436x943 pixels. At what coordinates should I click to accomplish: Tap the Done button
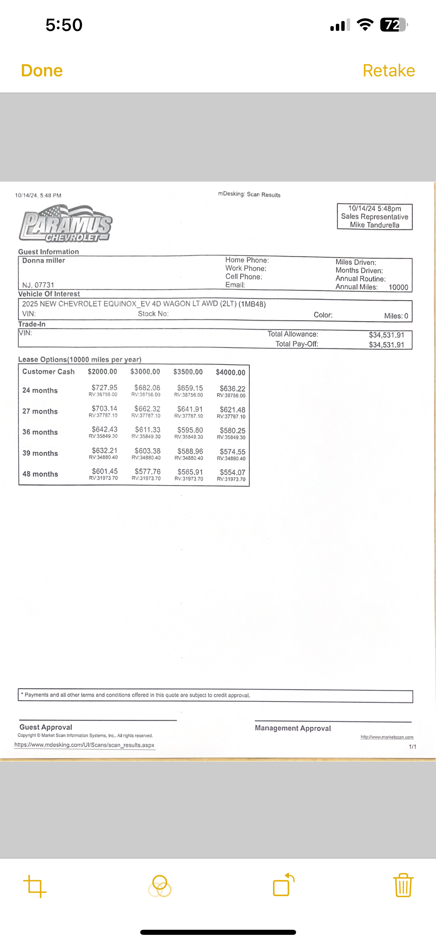coord(42,71)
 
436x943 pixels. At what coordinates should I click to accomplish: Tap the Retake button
coord(388,71)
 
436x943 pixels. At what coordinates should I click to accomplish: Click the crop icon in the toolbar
coord(35,886)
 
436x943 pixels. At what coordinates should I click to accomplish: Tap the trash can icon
coord(403,885)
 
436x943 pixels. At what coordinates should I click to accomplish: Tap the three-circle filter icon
coord(160,886)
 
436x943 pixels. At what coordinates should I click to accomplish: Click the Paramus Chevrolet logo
coord(66,224)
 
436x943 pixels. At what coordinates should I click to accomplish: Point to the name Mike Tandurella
coord(375,225)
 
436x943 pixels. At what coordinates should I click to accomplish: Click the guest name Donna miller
coord(43,261)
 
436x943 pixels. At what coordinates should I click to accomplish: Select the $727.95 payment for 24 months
coord(104,387)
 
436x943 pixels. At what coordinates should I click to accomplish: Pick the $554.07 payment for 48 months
coord(233,472)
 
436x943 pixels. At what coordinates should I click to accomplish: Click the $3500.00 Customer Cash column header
coord(188,372)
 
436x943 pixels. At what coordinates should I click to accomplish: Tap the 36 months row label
coord(40,432)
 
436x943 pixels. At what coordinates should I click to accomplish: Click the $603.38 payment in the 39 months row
coord(147,451)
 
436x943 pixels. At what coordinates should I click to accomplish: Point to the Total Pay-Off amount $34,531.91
coord(386,345)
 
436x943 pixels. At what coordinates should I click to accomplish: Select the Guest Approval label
coord(46,727)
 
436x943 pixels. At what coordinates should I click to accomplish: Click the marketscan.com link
coord(387,737)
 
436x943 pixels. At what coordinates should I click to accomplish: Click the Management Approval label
coord(293,728)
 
